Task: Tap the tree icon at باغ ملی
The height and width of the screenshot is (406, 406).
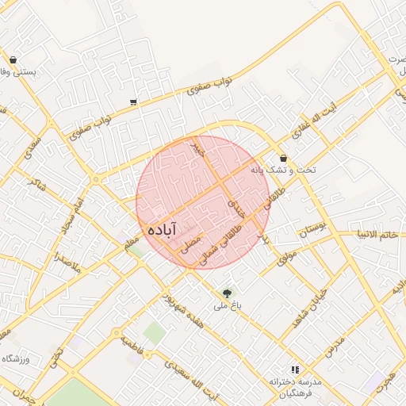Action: click(x=228, y=293)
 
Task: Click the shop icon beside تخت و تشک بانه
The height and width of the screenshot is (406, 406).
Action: click(x=282, y=158)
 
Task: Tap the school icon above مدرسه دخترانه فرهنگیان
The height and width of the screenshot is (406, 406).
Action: click(x=295, y=370)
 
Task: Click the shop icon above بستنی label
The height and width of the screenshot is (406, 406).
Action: click(x=13, y=59)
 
